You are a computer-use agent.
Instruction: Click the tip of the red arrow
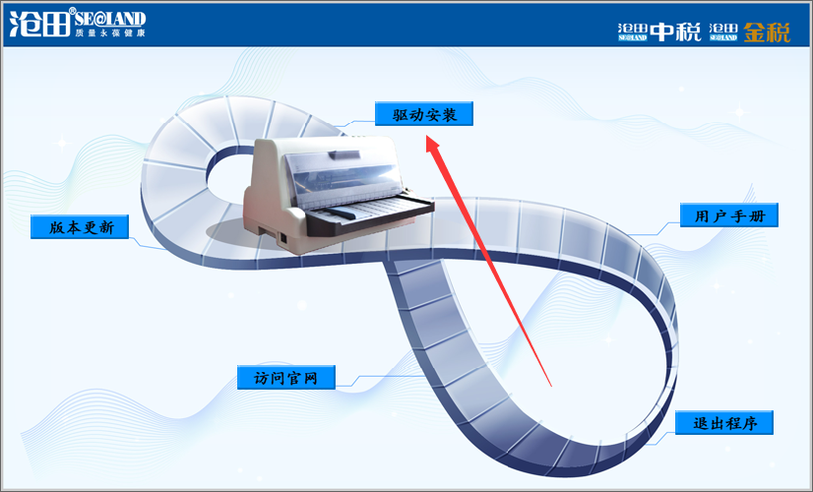point(426,136)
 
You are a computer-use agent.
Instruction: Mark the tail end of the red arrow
point(551,387)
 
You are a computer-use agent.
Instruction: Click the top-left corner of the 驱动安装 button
point(375,102)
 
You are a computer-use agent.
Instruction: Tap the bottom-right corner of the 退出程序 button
point(773,435)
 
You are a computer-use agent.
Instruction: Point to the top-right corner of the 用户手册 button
point(778,204)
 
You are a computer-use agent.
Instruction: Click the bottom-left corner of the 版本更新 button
point(31,238)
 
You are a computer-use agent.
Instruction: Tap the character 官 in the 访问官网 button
point(293,378)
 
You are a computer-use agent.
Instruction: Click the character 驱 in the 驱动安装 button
point(400,114)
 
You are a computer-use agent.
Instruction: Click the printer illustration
point(338,195)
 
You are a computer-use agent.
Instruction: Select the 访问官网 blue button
point(286,378)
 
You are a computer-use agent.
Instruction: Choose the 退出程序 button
point(724,423)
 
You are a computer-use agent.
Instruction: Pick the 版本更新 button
point(80,227)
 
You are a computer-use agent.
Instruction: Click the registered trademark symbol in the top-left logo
point(72,11)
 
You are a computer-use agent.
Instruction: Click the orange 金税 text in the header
point(767,32)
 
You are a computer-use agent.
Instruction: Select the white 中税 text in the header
point(675,32)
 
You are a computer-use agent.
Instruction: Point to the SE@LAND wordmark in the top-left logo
point(110,19)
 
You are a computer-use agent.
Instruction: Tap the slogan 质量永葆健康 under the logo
point(110,32)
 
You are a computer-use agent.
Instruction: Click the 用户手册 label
point(729,215)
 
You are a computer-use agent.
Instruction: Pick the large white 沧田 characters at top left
point(39,24)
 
